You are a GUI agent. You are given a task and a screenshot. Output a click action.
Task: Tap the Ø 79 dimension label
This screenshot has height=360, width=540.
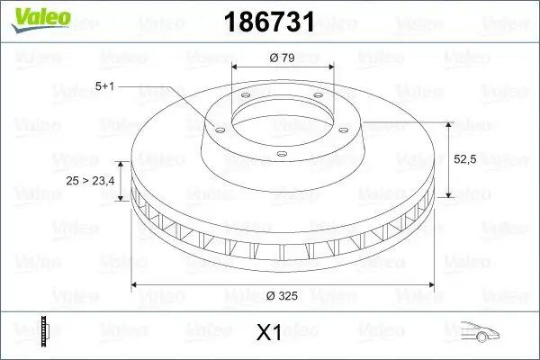(x=283, y=58)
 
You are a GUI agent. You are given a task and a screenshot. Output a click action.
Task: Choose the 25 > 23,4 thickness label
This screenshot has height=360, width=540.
(x=90, y=182)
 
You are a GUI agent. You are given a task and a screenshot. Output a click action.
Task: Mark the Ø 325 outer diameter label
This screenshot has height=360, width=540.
(x=283, y=295)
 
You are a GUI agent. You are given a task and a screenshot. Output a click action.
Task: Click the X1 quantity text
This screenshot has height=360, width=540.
(x=269, y=332)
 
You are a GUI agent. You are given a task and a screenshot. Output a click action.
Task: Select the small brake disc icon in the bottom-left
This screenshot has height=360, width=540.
(x=45, y=330)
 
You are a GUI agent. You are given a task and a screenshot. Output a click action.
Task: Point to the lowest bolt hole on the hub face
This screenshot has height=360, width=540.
(x=281, y=155)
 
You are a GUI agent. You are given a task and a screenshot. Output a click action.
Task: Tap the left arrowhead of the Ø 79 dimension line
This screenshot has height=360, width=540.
(x=236, y=67)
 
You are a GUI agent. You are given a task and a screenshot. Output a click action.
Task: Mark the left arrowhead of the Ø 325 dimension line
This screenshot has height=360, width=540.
(x=136, y=285)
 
